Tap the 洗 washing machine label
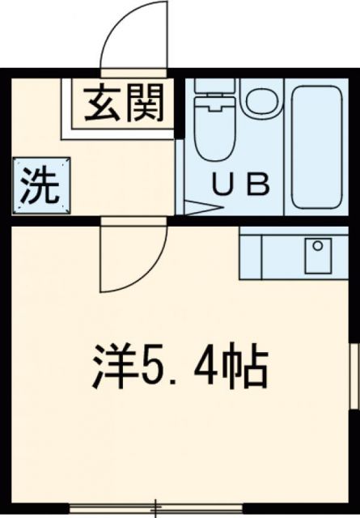(40, 187)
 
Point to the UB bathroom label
(239, 186)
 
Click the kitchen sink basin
(318, 256)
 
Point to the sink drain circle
(318, 245)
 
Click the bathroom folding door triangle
(198, 206)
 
